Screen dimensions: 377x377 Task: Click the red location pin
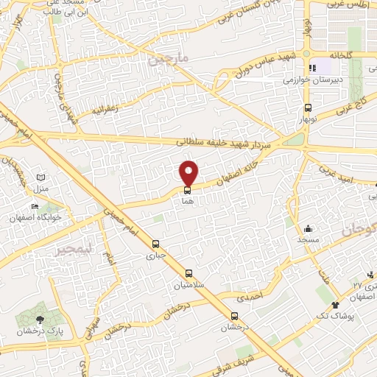[189, 172]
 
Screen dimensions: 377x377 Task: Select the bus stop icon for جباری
[155, 244]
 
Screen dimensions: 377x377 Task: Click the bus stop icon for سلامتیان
[190, 272]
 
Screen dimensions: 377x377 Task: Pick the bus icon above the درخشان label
[234, 316]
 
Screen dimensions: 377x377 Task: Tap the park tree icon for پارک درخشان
[39, 320]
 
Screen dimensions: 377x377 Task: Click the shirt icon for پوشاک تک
[337, 305]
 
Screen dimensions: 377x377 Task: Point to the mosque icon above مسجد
[308, 229]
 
